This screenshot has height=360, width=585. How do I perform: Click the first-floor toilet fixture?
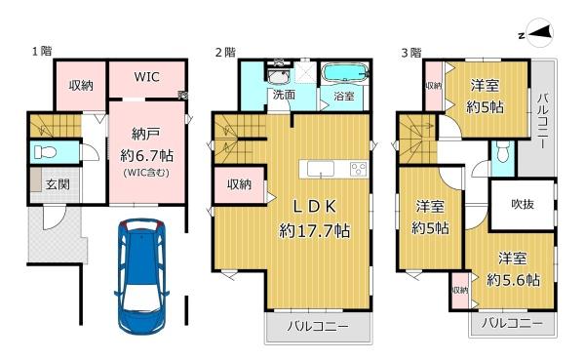point(44,152)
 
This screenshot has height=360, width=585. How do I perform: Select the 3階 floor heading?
point(409,52)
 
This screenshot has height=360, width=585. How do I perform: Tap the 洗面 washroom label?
point(284,96)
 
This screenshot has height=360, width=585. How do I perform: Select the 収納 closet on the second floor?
point(240,184)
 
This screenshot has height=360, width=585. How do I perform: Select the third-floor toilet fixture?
point(501,150)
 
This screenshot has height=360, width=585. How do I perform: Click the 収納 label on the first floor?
point(80,85)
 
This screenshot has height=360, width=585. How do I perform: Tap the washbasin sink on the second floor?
point(278,77)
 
